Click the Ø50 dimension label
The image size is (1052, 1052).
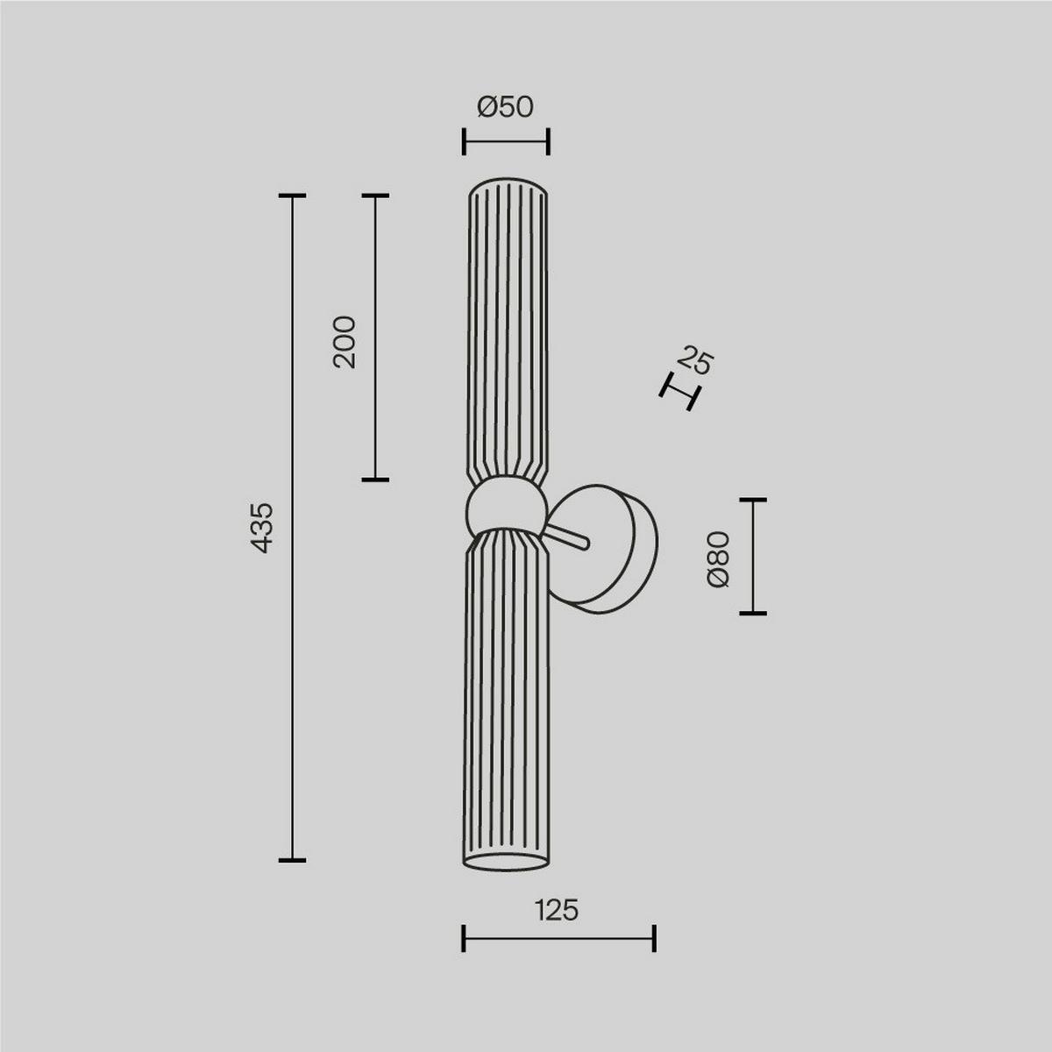click(x=505, y=107)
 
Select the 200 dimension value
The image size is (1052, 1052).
click(x=345, y=342)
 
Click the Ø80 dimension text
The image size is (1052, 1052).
click(x=717, y=558)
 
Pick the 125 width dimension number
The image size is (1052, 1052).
click(x=557, y=911)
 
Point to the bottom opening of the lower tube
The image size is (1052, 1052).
click(x=505, y=863)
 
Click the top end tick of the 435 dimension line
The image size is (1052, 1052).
click(x=292, y=196)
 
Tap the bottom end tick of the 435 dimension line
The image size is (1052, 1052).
click(x=292, y=859)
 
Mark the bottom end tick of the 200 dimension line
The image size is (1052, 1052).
click(x=375, y=480)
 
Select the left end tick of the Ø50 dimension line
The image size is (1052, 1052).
click(x=464, y=141)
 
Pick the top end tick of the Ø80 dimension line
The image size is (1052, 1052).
click(x=752, y=500)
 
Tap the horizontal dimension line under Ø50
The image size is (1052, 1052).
click(x=506, y=141)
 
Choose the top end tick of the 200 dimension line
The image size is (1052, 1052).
click(x=375, y=196)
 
